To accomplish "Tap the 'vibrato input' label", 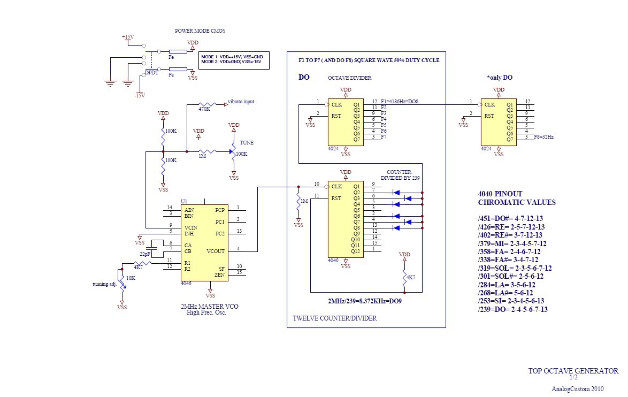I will [241, 101].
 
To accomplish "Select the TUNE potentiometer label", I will [247, 143].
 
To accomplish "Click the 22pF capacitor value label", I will [145, 254].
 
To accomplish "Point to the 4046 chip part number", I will [186, 284].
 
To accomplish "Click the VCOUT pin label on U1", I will [217, 250].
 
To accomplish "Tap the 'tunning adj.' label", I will [104, 284].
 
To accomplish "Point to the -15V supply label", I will [139, 95].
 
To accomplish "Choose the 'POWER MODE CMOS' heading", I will [200, 31].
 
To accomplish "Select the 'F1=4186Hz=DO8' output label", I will [400, 102].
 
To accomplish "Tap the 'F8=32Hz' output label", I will [543, 137].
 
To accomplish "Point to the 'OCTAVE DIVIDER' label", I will [350, 78].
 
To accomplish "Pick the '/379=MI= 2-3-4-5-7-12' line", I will [512, 243].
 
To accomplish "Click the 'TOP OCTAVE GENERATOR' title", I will [573, 370].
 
